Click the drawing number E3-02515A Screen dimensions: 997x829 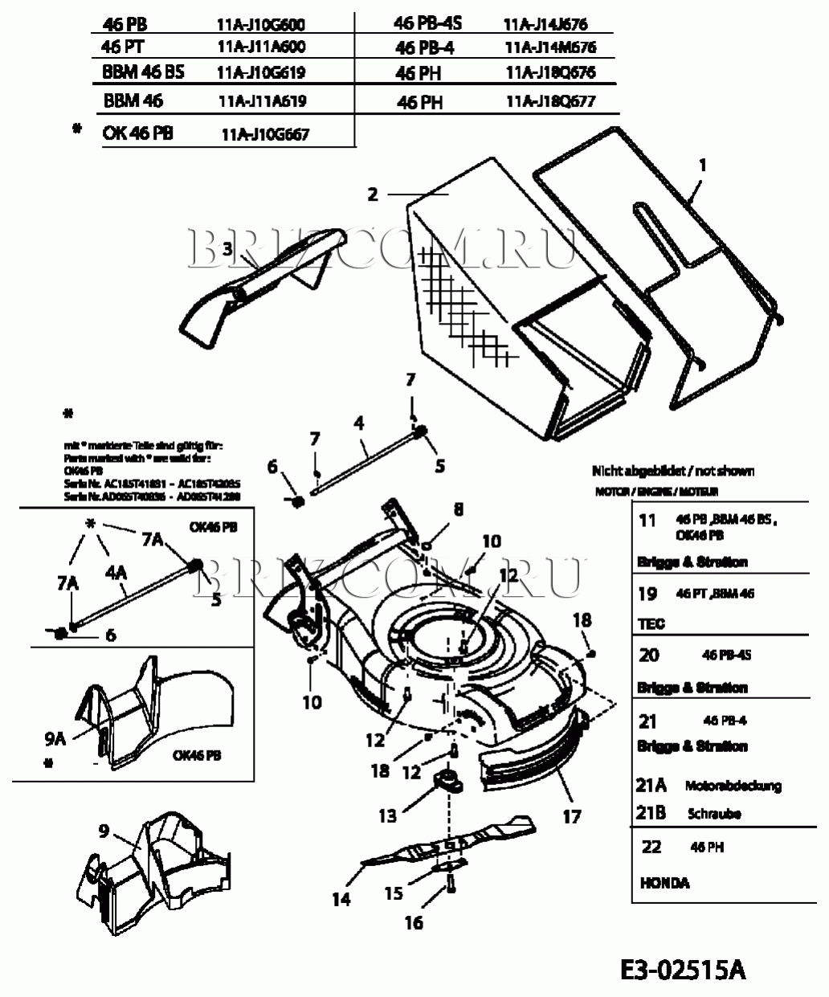click(683, 970)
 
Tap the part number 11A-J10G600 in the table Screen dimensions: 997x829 click(261, 25)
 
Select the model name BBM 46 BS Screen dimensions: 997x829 click(143, 72)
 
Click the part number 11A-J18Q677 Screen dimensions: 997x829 click(551, 102)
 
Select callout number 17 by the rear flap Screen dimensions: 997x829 click(571, 817)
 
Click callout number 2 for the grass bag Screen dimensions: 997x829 click(372, 194)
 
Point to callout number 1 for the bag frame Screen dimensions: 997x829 click(703, 166)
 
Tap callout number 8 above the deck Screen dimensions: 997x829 click(458, 509)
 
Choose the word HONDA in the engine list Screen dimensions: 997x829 click(664, 883)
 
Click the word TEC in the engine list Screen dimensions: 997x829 click(651, 623)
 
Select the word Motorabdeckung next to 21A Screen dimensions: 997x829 click(733, 786)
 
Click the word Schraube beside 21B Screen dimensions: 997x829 click(714, 814)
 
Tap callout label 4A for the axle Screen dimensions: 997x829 click(116, 572)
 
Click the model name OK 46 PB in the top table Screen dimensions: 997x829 click(137, 133)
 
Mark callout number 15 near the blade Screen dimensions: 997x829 click(393, 893)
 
